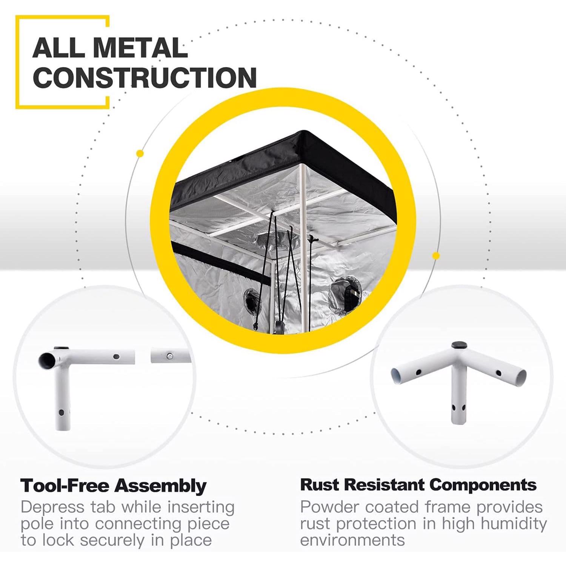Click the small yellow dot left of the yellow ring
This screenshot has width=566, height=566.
[140, 154]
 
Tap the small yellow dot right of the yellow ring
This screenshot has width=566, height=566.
[436, 256]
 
